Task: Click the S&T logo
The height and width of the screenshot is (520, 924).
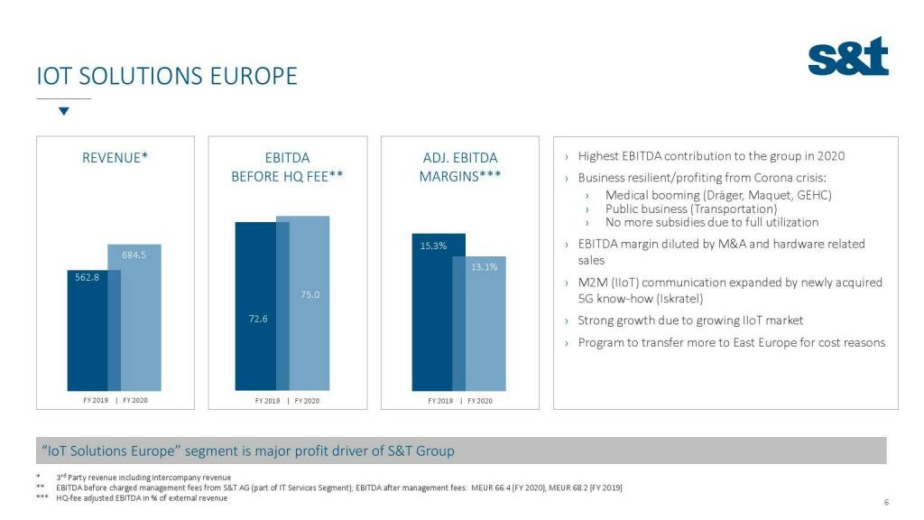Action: pos(847,57)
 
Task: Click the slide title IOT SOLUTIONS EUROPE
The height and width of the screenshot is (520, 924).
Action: pos(166,76)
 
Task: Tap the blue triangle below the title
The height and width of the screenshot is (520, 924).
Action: pos(63,111)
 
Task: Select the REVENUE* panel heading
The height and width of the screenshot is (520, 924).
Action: pos(115,158)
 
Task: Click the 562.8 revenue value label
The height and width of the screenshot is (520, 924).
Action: pos(87,276)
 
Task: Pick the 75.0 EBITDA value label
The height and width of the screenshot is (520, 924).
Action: pos(310,294)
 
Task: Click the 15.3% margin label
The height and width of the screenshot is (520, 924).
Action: pos(433,246)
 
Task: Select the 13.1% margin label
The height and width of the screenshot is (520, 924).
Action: pos(484,266)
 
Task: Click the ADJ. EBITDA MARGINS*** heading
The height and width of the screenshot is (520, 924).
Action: pos(460,167)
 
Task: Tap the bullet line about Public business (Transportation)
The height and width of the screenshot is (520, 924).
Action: pos(690,209)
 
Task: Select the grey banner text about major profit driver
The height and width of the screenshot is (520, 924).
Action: pos(248,450)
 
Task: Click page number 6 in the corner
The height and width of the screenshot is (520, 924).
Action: pos(886,503)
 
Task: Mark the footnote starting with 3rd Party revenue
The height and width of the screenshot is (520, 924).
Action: pos(143,477)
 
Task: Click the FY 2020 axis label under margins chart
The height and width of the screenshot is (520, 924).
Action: pos(480,401)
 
